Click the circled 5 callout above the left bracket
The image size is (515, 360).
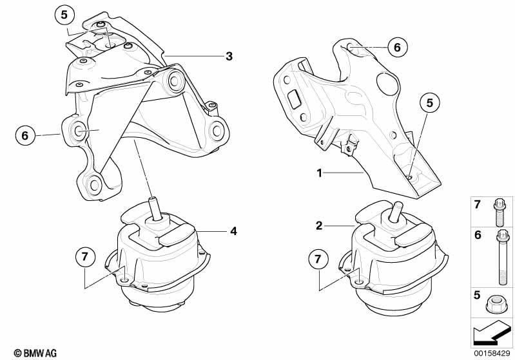pos(65,14)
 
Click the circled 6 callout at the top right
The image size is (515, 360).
pos(397,46)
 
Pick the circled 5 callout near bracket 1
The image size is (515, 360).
pos(429,102)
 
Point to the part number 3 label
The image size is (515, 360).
pos(229,57)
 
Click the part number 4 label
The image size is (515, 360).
pos(233,230)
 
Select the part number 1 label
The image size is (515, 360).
pos(318,173)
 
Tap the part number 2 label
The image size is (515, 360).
pos(318,226)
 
